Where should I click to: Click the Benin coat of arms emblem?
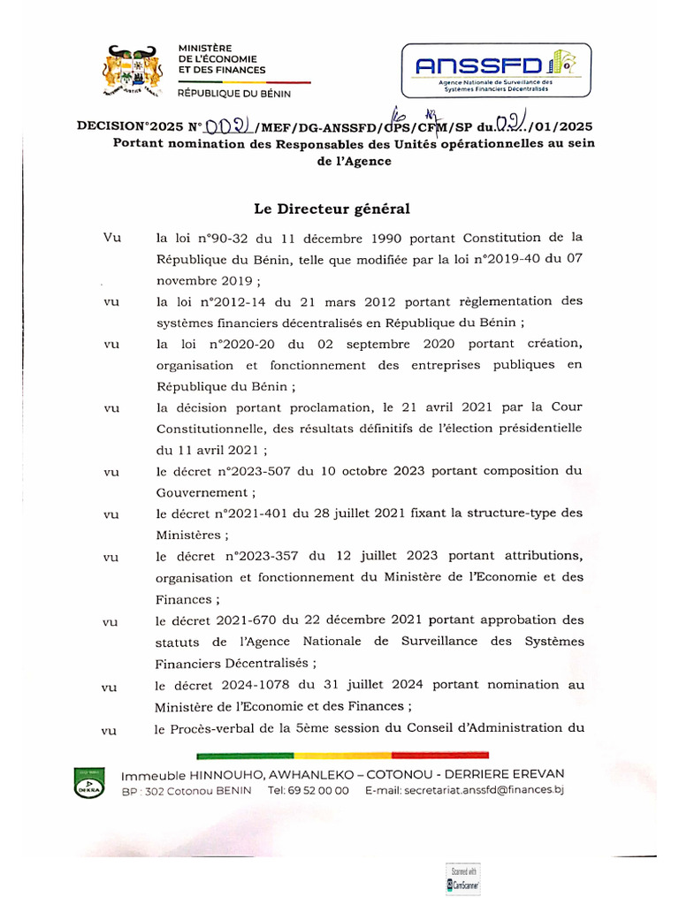click(130, 72)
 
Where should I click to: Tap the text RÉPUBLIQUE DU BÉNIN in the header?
click(233, 93)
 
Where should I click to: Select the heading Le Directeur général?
click(332, 209)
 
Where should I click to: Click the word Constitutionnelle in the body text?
click(205, 429)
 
